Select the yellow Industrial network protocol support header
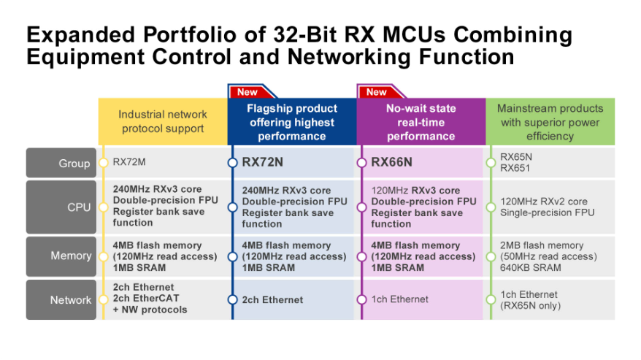tap(163, 121)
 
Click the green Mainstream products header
tap(550, 121)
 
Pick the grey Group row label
tap(61, 163)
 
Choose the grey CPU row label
tap(61, 207)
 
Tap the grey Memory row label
tap(61, 256)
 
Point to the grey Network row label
tap(61, 300)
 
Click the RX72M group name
tap(129, 162)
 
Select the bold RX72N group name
tap(262, 162)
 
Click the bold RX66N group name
tap(391, 162)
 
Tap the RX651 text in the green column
tap(515, 168)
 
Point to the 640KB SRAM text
tap(531, 267)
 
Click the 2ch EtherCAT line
tap(146, 298)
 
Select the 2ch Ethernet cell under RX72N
tap(272, 300)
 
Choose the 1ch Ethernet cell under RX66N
tap(400, 299)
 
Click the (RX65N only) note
tap(531, 305)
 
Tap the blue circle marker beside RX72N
tap(233, 163)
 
